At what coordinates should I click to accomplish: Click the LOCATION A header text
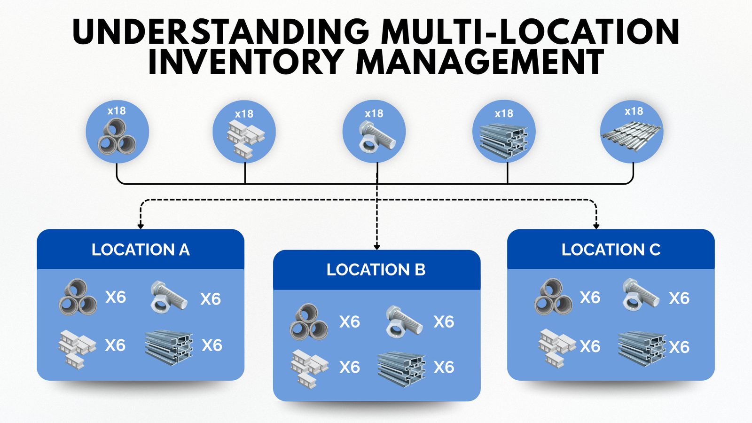pyautogui.click(x=141, y=250)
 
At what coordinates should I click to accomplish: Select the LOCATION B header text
pyautogui.click(x=376, y=270)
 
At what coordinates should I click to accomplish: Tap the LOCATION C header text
pyautogui.click(x=611, y=250)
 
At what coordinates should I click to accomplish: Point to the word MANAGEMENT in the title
pyautogui.click(x=480, y=62)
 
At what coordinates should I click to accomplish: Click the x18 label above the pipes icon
pyautogui.click(x=117, y=111)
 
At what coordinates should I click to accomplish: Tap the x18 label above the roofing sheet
pyautogui.click(x=634, y=111)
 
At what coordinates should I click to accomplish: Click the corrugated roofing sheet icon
pyautogui.click(x=632, y=135)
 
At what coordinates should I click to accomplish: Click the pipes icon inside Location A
pyautogui.click(x=78, y=297)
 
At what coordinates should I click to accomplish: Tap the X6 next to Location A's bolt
pyautogui.click(x=210, y=299)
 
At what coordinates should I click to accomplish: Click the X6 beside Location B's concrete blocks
pyautogui.click(x=350, y=367)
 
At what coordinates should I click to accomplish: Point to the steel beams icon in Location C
pyautogui.click(x=642, y=348)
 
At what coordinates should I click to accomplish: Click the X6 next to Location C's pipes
pyautogui.click(x=590, y=298)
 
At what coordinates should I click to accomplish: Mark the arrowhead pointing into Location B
pyautogui.click(x=376, y=247)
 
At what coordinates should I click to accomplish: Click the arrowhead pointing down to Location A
pyautogui.click(x=141, y=226)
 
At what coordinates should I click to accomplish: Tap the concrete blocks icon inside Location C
pyautogui.click(x=556, y=347)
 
